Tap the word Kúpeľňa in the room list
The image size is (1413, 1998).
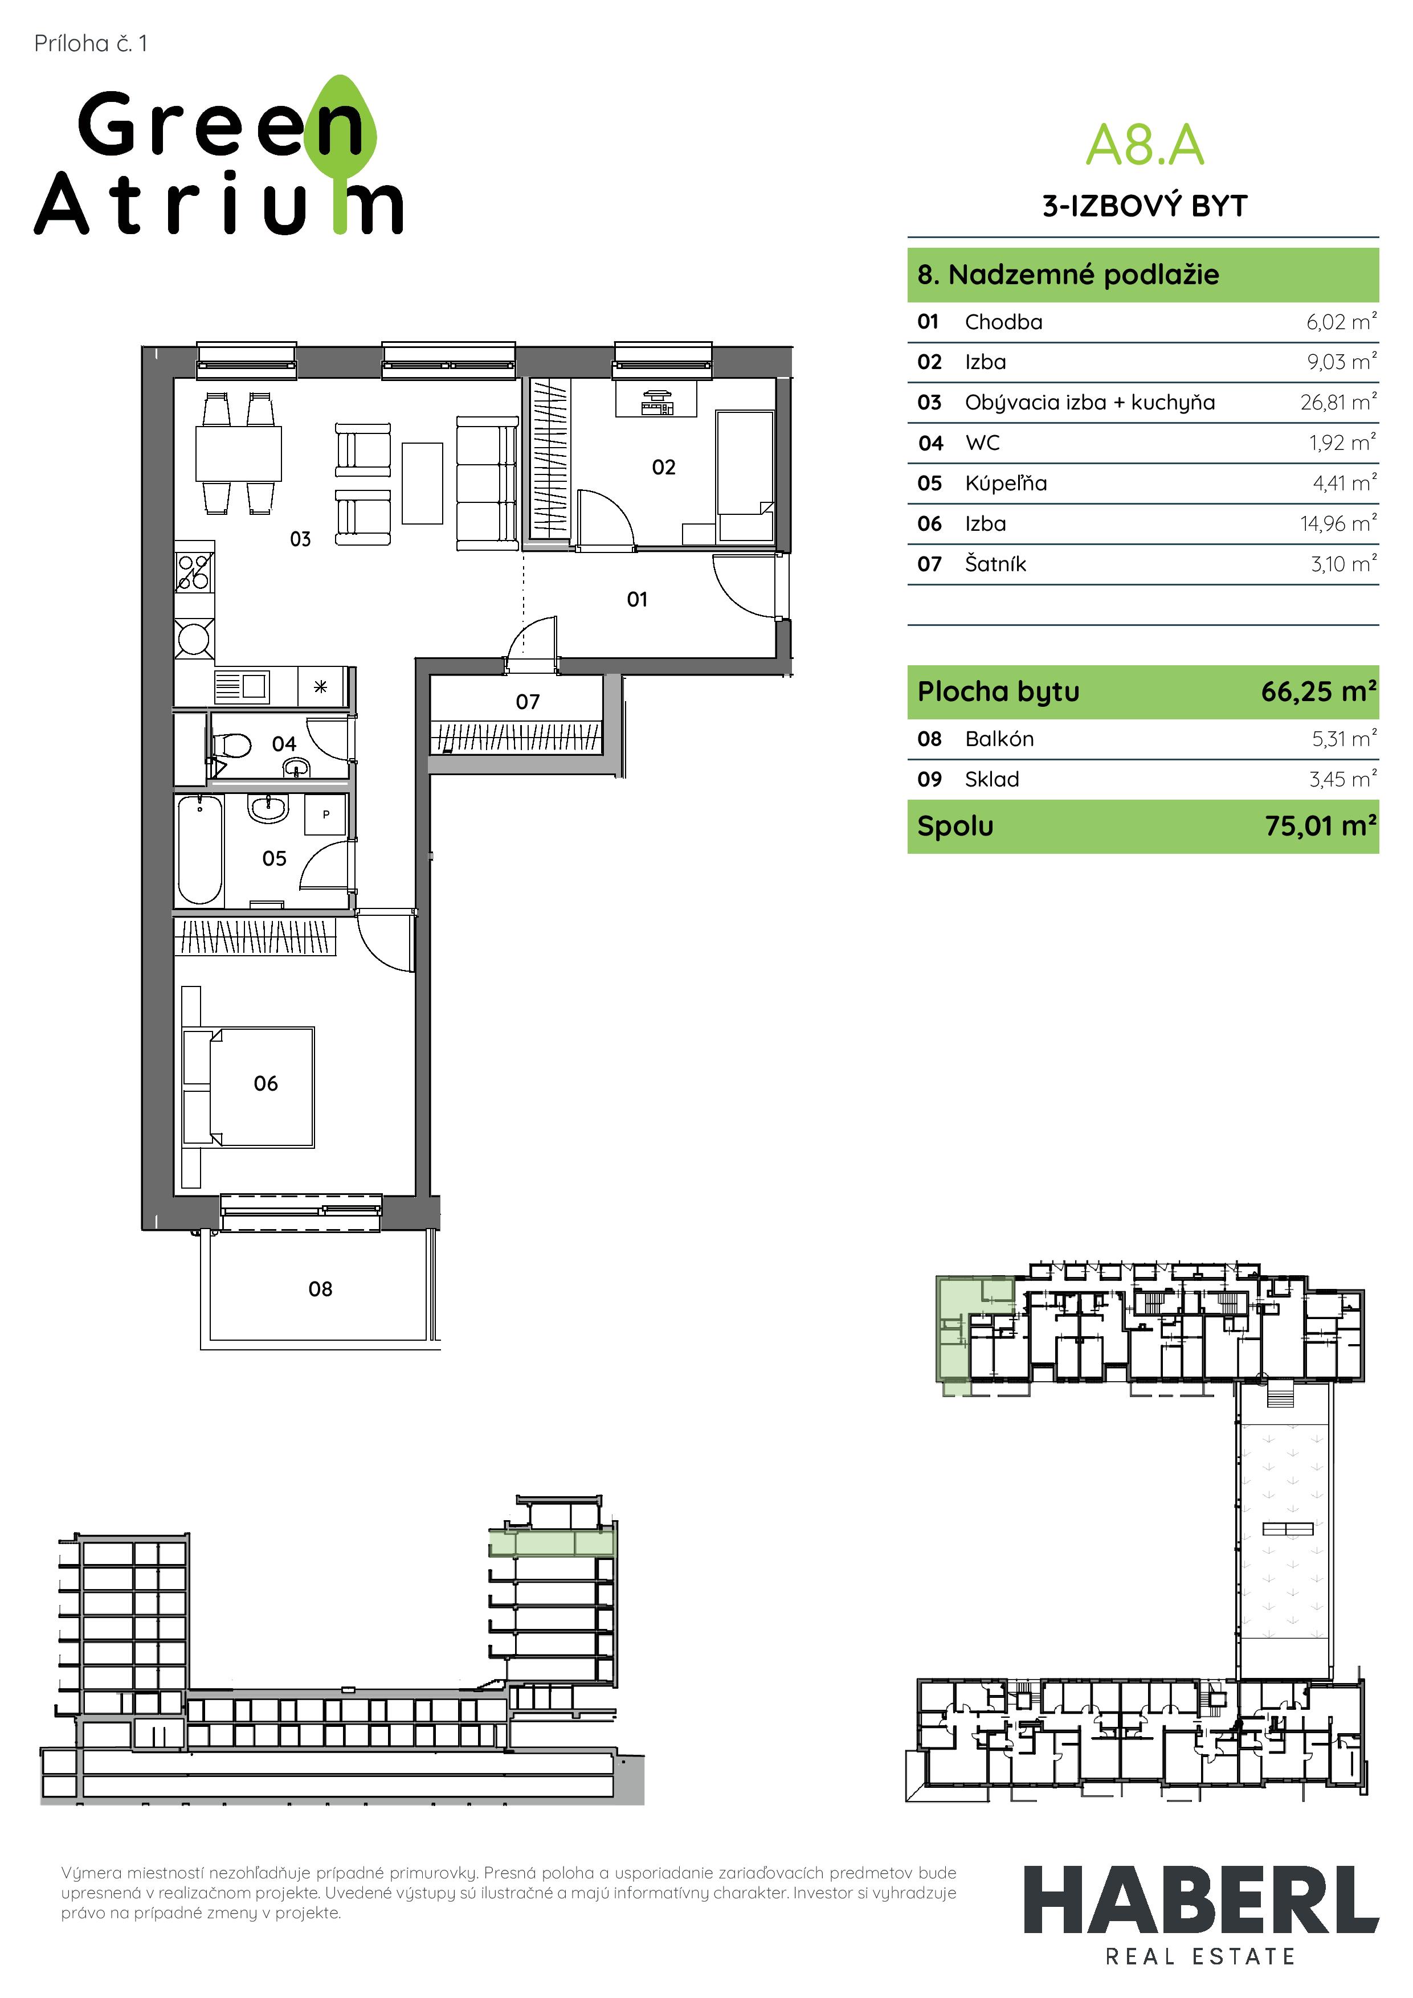click(1006, 483)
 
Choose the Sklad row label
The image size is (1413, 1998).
click(991, 779)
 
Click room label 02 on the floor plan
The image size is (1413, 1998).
click(663, 467)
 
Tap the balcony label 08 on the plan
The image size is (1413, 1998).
click(320, 1289)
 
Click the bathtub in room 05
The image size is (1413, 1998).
click(199, 849)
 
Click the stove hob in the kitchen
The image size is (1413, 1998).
click(194, 572)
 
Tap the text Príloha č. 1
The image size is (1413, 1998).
click(91, 43)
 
